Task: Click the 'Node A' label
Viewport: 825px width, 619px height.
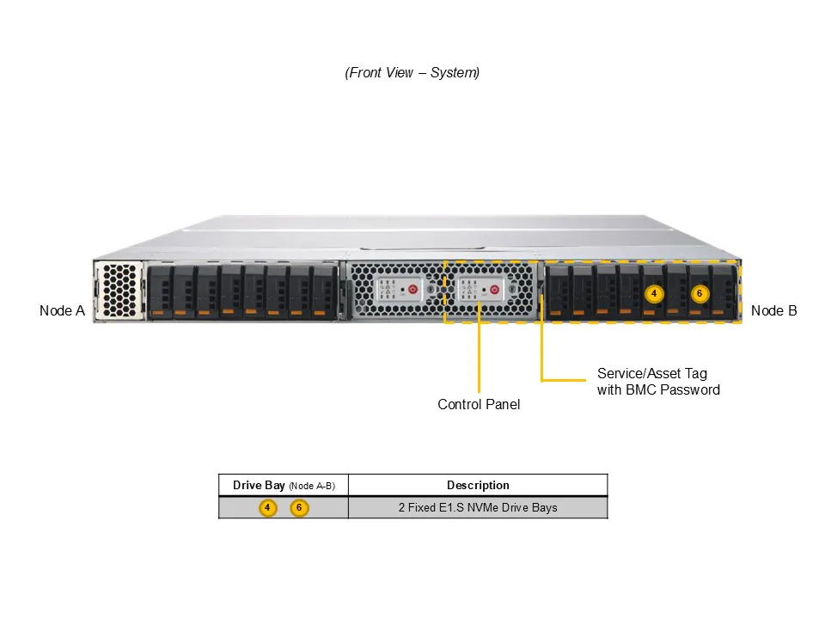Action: pos(62,310)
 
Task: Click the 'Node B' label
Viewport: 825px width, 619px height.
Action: pos(773,310)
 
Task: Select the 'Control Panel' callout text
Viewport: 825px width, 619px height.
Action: pos(479,404)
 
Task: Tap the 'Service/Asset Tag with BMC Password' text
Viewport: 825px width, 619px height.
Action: pos(658,382)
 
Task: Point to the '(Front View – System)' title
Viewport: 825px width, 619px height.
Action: pos(412,73)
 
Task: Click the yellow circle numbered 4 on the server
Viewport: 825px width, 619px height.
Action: pos(654,294)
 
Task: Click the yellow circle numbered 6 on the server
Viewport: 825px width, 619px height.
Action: pos(700,294)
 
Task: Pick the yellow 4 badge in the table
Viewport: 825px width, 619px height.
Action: pos(267,508)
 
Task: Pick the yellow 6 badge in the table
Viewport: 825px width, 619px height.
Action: pos(298,508)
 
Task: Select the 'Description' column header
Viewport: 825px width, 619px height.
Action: pos(478,486)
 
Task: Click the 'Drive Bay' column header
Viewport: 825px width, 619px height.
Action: pos(259,486)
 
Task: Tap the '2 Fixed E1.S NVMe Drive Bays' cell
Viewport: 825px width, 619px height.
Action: pos(478,508)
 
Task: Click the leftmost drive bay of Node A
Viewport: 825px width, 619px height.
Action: pos(160,292)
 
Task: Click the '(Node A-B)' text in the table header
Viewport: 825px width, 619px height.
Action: pos(312,487)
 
